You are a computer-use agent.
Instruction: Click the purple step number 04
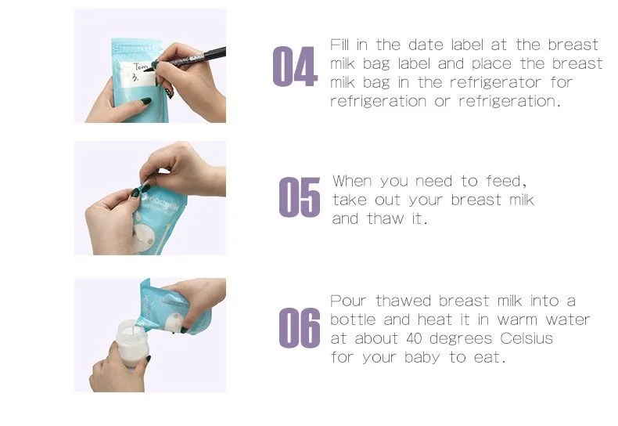click(x=295, y=67)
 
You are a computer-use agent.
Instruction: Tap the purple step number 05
click(x=300, y=197)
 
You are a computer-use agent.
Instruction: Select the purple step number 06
click(x=300, y=328)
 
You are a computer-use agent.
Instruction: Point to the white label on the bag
click(x=138, y=74)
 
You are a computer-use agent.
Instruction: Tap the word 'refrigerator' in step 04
click(x=495, y=82)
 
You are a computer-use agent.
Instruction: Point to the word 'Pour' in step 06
click(x=348, y=301)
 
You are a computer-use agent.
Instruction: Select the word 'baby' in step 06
click(x=422, y=358)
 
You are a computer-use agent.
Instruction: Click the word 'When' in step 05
click(x=352, y=181)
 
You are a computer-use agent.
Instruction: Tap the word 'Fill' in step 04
click(x=340, y=45)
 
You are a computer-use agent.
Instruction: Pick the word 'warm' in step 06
click(x=517, y=320)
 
